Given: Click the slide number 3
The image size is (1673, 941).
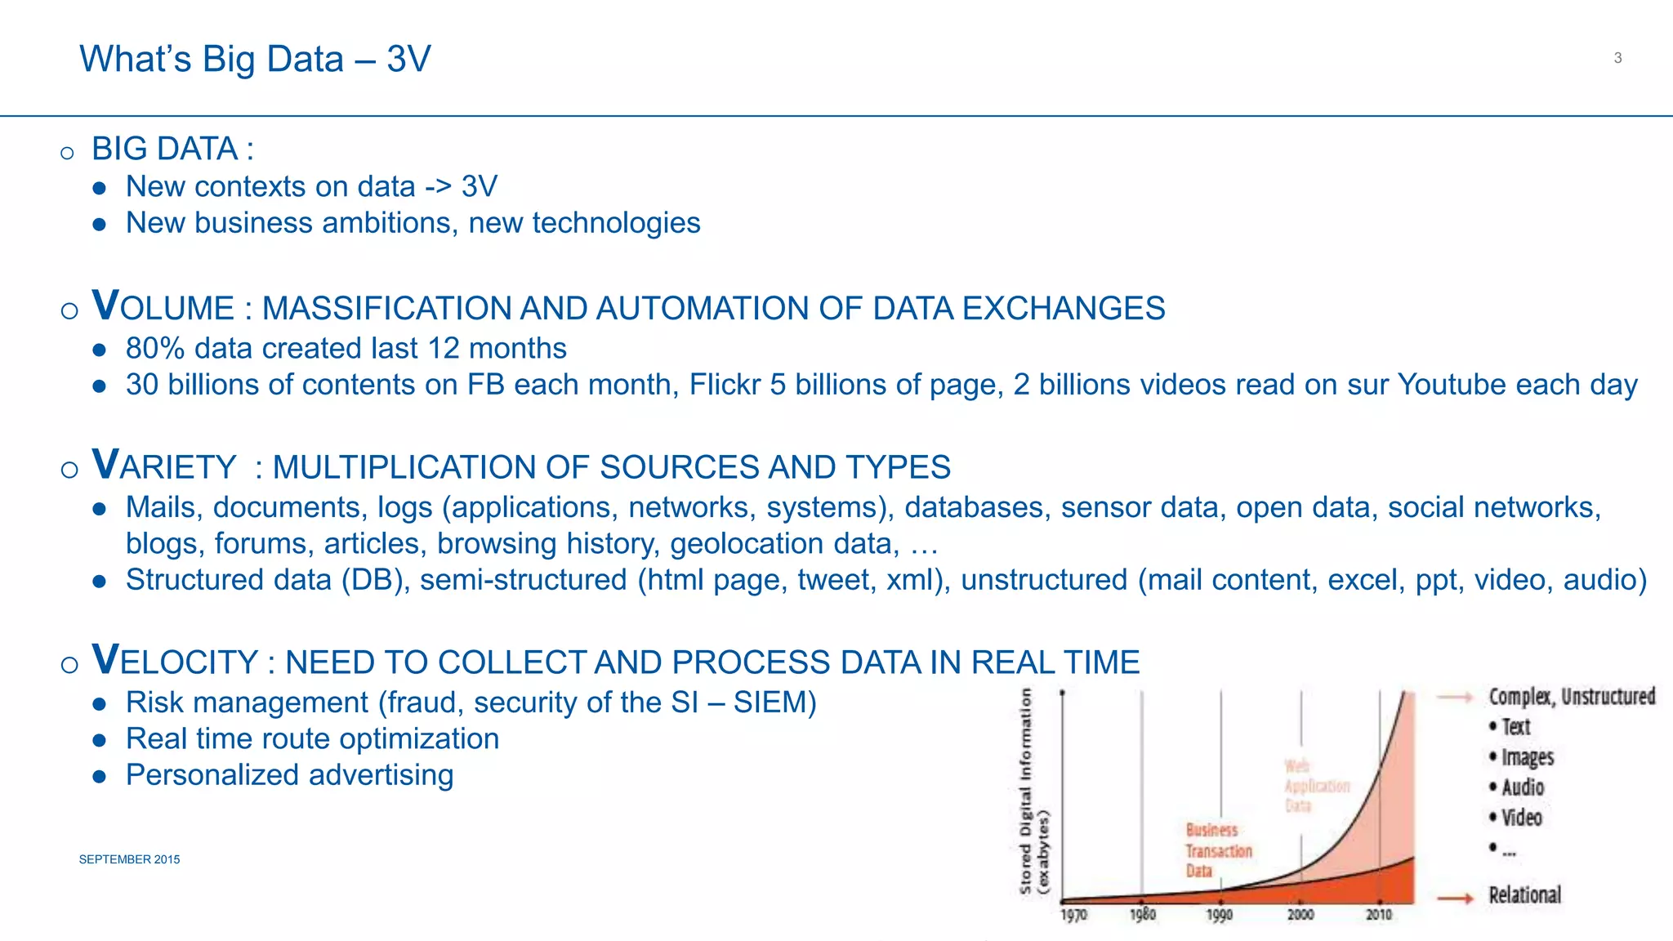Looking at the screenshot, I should [x=1617, y=58].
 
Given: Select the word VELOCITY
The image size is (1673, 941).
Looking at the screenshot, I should [x=175, y=661].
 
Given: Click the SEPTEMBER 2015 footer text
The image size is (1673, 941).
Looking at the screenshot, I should [x=129, y=859].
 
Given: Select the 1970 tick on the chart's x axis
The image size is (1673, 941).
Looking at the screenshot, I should [x=1073, y=915].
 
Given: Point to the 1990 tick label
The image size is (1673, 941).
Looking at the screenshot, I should [x=1219, y=915].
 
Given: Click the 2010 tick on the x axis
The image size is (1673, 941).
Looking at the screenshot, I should [x=1379, y=915].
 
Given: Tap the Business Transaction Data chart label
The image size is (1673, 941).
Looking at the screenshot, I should [x=1217, y=850].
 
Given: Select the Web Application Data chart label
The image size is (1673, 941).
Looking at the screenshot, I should [x=1315, y=785].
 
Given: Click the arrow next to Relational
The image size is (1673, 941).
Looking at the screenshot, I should [x=1455, y=898].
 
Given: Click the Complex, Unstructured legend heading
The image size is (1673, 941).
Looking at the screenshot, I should [x=1571, y=697].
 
